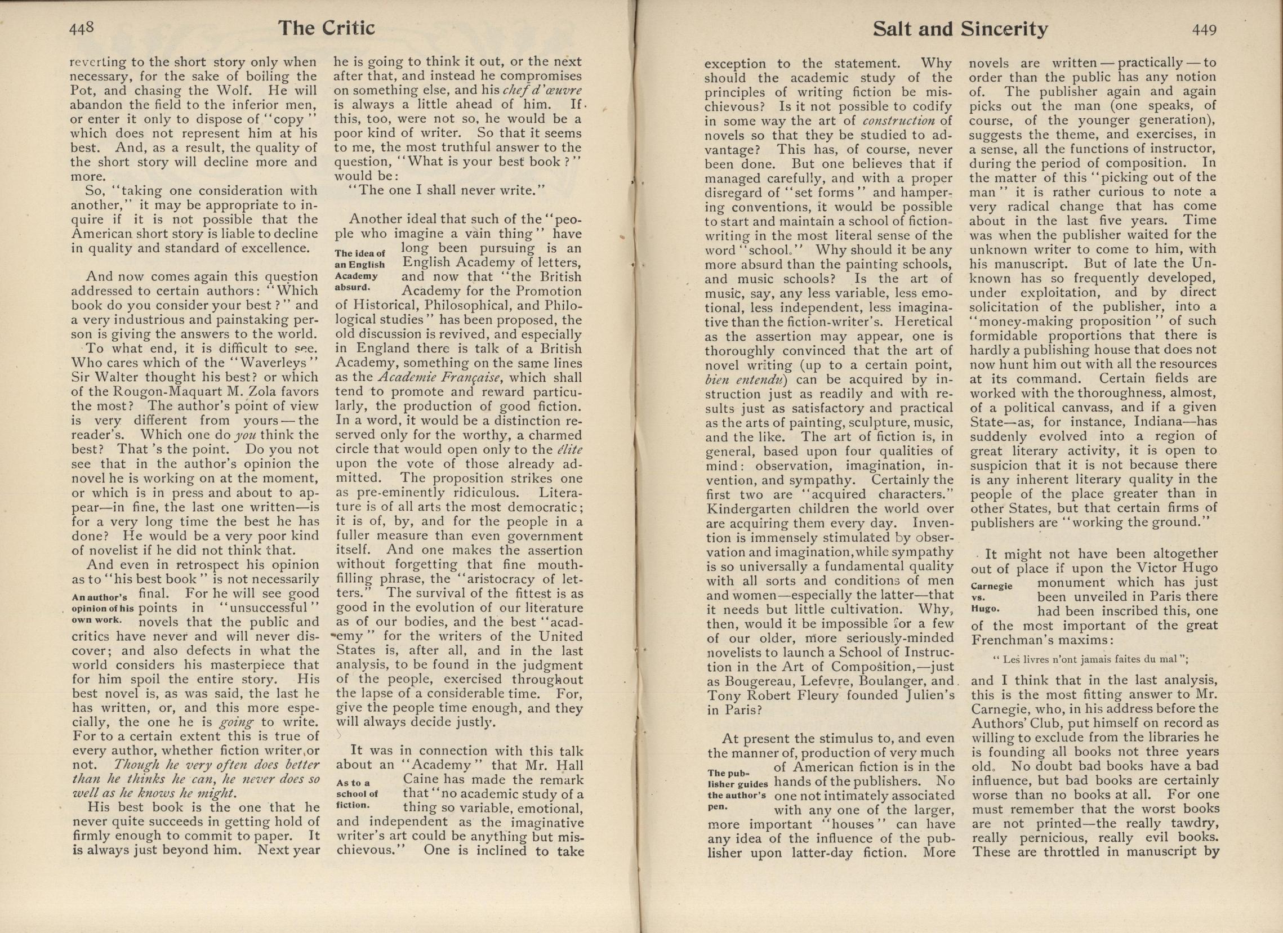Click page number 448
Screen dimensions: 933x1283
click(82, 29)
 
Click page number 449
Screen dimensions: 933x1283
click(1204, 30)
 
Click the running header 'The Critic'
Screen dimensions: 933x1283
click(327, 28)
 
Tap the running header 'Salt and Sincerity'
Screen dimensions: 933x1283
click(960, 29)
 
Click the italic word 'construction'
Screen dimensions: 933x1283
click(899, 121)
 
